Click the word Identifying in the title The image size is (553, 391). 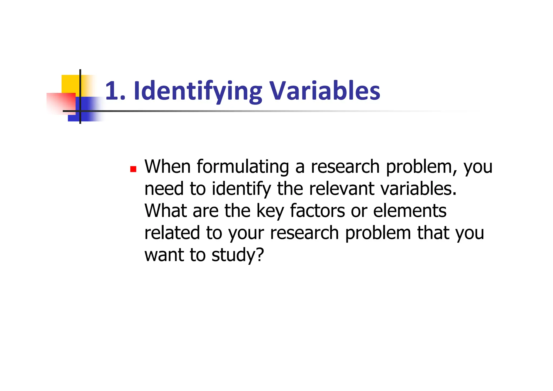pyautogui.click(x=198, y=91)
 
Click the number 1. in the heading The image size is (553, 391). pyautogui.click(x=115, y=91)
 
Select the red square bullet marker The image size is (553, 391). pyautogui.click(x=133, y=169)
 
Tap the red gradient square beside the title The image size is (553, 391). pyautogui.click(x=61, y=103)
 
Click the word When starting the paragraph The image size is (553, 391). pyautogui.click(x=167, y=166)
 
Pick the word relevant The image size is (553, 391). pyautogui.click(x=342, y=188)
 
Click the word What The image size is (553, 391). pyautogui.click(x=166, y=211)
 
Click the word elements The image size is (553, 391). pyautogui.click(x=410, y=211)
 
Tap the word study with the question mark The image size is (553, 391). pyautogui.click(x=237, y=255)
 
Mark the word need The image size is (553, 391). pyautogui.click(x=164, y=189)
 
